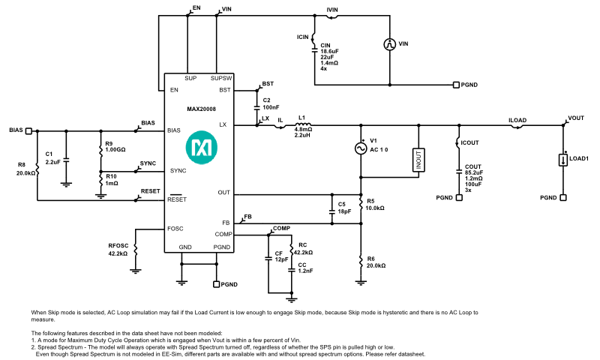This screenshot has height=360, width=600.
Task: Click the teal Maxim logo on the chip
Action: point(199,148)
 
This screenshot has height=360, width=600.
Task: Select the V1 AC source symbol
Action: point(361,148)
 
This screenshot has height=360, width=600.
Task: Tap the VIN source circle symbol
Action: point(390,44)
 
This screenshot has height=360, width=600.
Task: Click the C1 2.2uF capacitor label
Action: point(53,157)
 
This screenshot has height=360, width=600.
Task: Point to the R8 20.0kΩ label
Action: point(25,169)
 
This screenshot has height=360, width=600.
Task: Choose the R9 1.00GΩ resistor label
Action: point(115,147)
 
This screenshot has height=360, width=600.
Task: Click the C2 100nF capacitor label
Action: point(271,103)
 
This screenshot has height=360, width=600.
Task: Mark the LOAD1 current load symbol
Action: point(562,159)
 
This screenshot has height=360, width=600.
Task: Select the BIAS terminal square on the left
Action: point(29,130)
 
